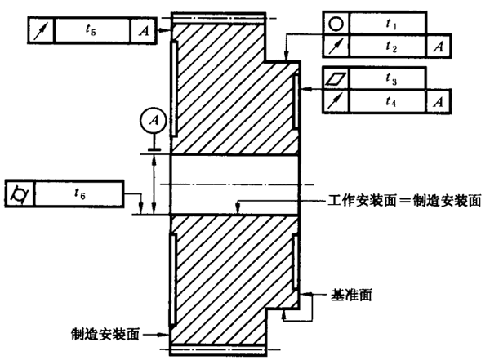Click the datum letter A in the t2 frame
(x=439, y=47)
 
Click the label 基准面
(x=354, y=291)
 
